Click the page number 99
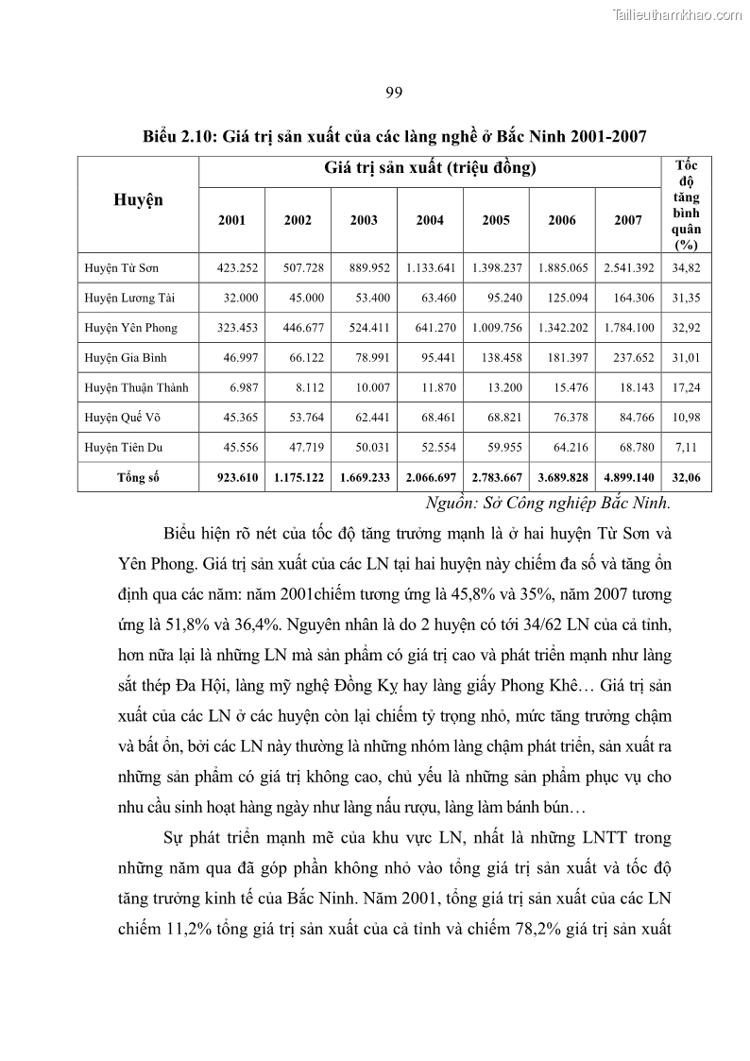(395, 92)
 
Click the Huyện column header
(138, 199)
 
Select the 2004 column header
(430, 220)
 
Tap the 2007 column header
(628, 220)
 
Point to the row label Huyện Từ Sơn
(121, 268)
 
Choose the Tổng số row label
(138, 477)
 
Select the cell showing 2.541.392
(629, 268)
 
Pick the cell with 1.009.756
(496, 328)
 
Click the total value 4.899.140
(629, 477)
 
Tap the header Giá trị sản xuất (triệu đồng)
(430, 169)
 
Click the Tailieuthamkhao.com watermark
(678, 15)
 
